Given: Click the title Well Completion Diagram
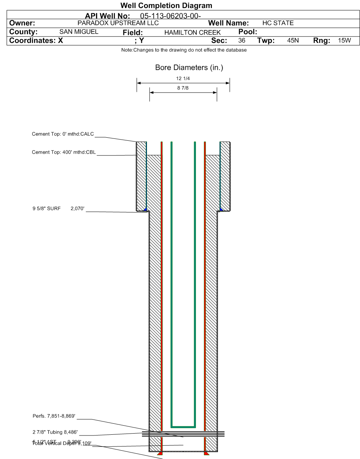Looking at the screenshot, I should click(x=166, y=6).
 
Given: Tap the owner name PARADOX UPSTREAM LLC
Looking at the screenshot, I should click(x=118, y=23).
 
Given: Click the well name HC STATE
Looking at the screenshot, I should click(x=278, y=23).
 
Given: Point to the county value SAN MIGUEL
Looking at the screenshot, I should click(x=79, y=32).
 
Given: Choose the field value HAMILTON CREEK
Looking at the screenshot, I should click(x=192, y=33).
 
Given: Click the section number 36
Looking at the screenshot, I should click(x=242, y=41).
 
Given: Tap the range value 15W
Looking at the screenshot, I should click(x=344, y=41).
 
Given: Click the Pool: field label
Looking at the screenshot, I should click(x=248, y=32).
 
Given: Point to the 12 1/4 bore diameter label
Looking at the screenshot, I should click(x=183, y=79).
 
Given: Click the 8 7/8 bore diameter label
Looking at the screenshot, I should click(x=183, y=88).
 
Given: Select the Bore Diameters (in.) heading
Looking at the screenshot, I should click(x=189, y=68).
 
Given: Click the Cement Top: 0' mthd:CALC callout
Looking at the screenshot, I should click(x=63, y=134).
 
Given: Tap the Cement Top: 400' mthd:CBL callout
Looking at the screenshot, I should click(x=64, y=152).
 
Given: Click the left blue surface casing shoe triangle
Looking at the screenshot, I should click(x=145, y=209).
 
